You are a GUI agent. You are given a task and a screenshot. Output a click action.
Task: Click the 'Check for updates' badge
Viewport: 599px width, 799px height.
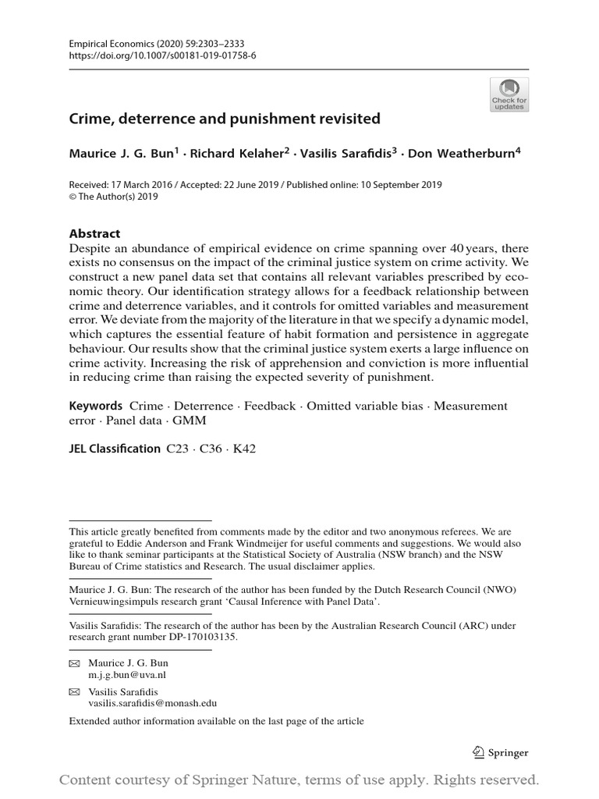pyautogui.click(x=509, y=94)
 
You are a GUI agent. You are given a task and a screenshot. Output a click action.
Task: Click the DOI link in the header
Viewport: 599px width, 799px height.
pyautogui.click(x=153, y=57)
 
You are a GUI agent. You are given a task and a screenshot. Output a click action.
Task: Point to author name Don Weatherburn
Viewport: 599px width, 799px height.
pyautogui.click(x=464, y=154)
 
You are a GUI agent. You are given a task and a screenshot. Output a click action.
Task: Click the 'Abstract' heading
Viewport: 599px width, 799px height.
pyautogui.click(x=94, y=233)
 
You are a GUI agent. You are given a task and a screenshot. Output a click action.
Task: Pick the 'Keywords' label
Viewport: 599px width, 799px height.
pyautogui.click(x=96, y=406)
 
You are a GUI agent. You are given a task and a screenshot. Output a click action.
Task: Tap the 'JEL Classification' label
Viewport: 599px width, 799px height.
pyautogui.click(x=115, y=449)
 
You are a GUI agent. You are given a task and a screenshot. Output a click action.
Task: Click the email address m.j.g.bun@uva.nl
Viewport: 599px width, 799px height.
pyautogui.click(x=127, y=674)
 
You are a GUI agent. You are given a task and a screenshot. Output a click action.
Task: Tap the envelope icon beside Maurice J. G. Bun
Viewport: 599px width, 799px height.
pyautogui.click(x=75, y=663)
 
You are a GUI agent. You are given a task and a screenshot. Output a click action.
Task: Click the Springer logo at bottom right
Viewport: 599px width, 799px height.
pyautogui.click(x=501, y=753)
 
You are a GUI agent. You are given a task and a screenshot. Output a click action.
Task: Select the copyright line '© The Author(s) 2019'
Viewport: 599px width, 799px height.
pyautogui.click(x=114, y=197)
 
